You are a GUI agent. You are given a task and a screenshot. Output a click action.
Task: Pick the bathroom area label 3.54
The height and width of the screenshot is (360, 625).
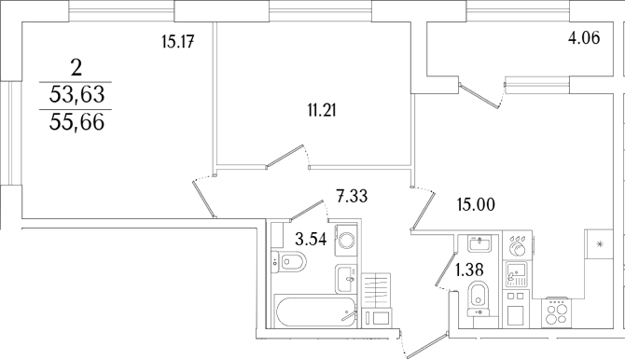click(312, 240)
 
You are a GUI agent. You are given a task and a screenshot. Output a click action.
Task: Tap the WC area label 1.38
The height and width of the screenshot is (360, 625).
click(468, 271)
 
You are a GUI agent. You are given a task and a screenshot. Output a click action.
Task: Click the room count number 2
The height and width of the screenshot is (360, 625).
click(77, 66)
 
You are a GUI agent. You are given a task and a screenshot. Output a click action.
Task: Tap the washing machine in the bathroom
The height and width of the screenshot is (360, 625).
click(346, 241)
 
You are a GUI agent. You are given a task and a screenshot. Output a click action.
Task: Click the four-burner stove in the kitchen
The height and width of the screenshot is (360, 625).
click(557, 312)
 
